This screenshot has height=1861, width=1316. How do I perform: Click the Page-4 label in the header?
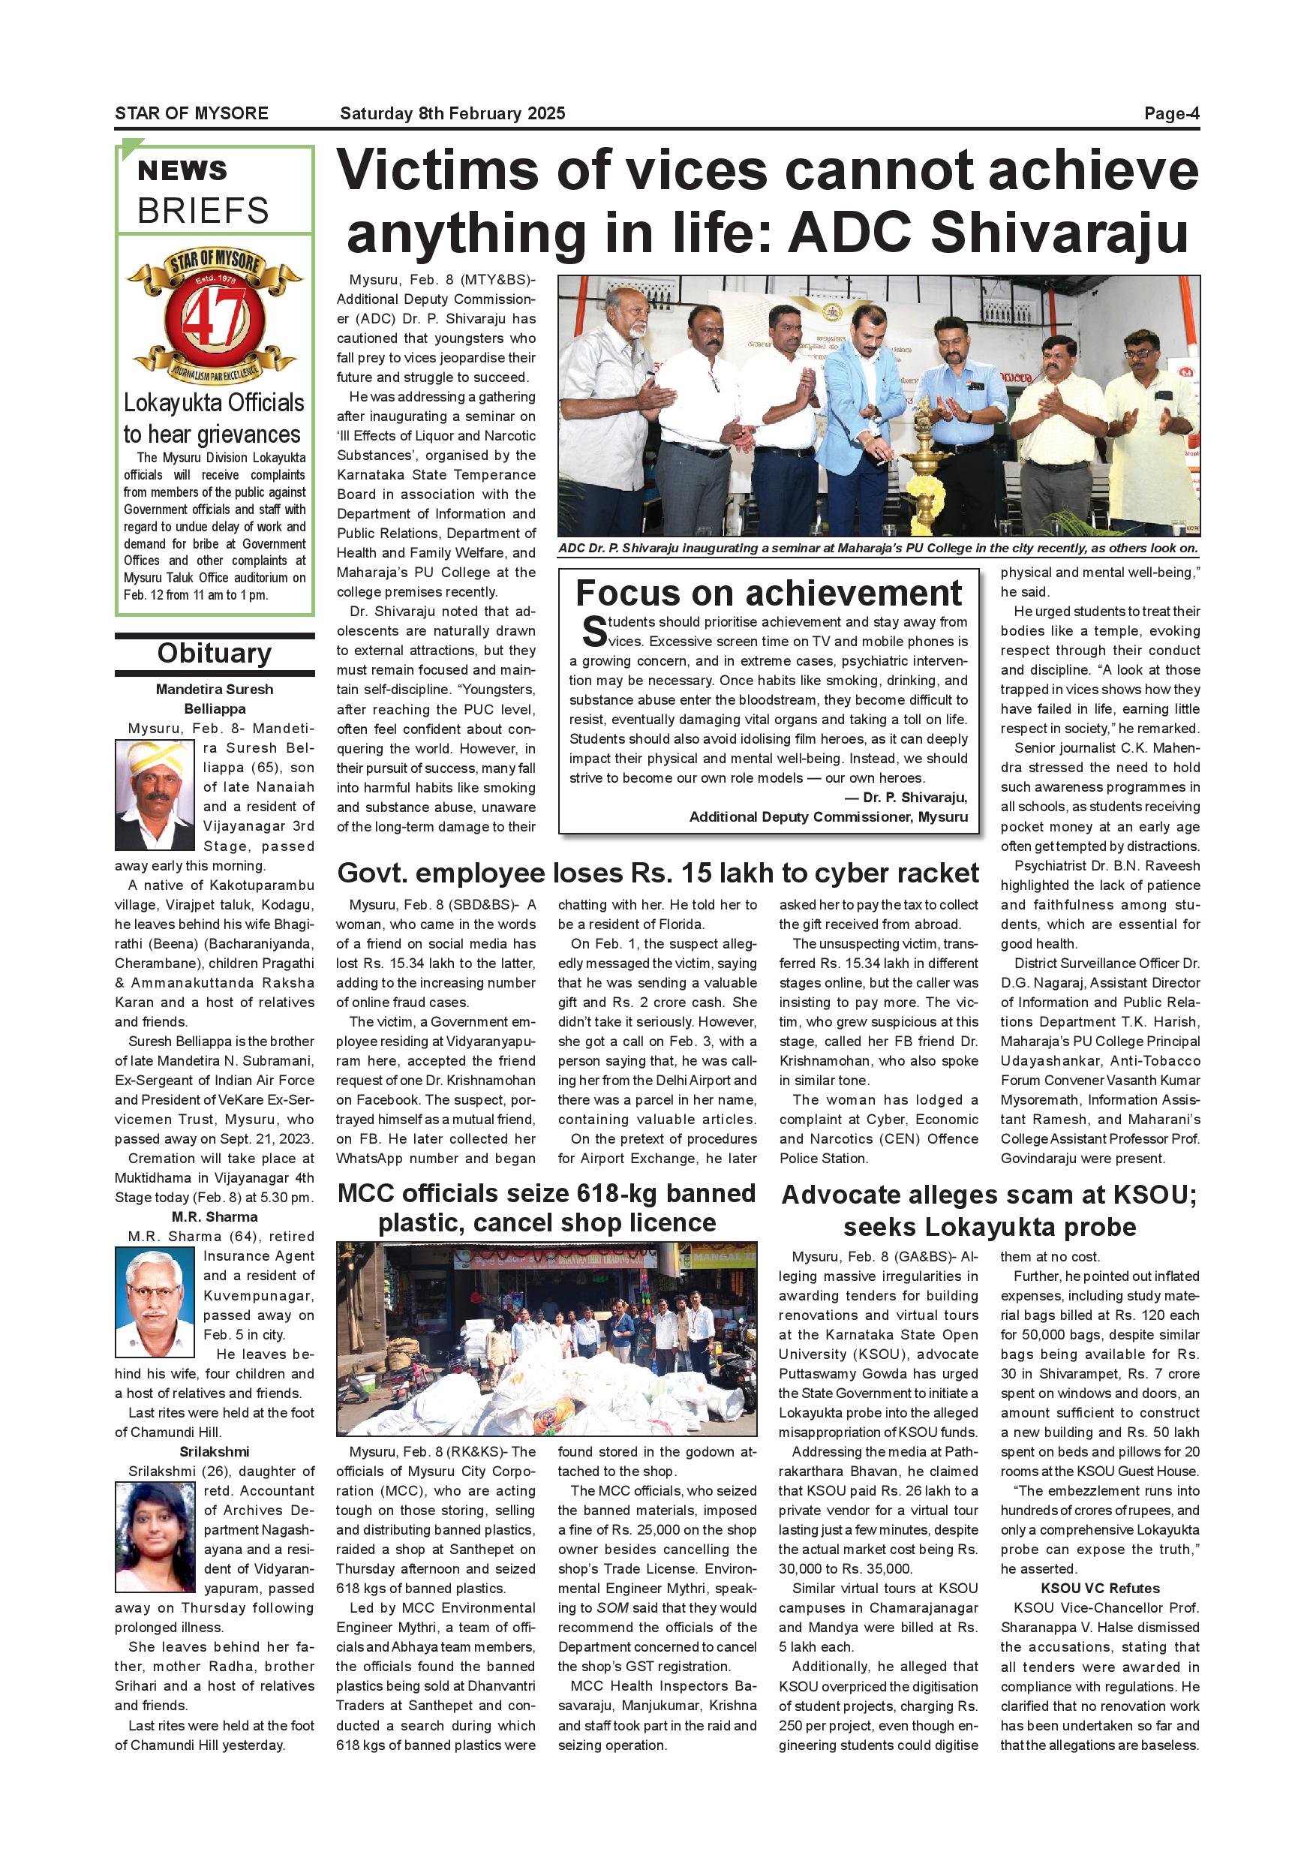tap(1171, 113)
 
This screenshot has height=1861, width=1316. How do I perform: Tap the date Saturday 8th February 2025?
tap(452, 113)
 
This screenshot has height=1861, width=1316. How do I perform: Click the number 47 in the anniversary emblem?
tap(214, 318)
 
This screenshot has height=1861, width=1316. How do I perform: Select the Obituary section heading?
tap(214, 654)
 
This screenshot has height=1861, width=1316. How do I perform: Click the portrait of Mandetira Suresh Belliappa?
tap(155, 795)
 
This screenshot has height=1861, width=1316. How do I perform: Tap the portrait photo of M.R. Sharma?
tap(155, 1303)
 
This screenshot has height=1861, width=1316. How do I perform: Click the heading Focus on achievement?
tap(768, 594)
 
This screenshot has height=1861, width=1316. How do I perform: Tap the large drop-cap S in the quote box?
tap(594, 631)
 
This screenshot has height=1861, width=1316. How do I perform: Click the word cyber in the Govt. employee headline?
tap(850, 873)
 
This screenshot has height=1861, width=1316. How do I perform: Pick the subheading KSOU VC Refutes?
tap(1100, 1588)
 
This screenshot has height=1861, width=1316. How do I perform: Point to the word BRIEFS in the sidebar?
tap(203, 211)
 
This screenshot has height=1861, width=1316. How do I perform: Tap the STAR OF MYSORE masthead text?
tap(191, 113)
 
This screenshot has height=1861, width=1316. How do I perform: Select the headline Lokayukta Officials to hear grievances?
tap(214, 418)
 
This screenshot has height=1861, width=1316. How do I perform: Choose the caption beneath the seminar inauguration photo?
tap(878, 548)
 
